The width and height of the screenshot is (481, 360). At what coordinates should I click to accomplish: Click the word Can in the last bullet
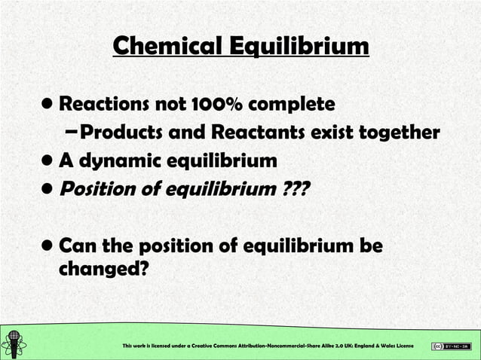[x=76, y=246]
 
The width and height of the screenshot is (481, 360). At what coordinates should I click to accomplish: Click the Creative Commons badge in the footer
[x=451, y=346]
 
